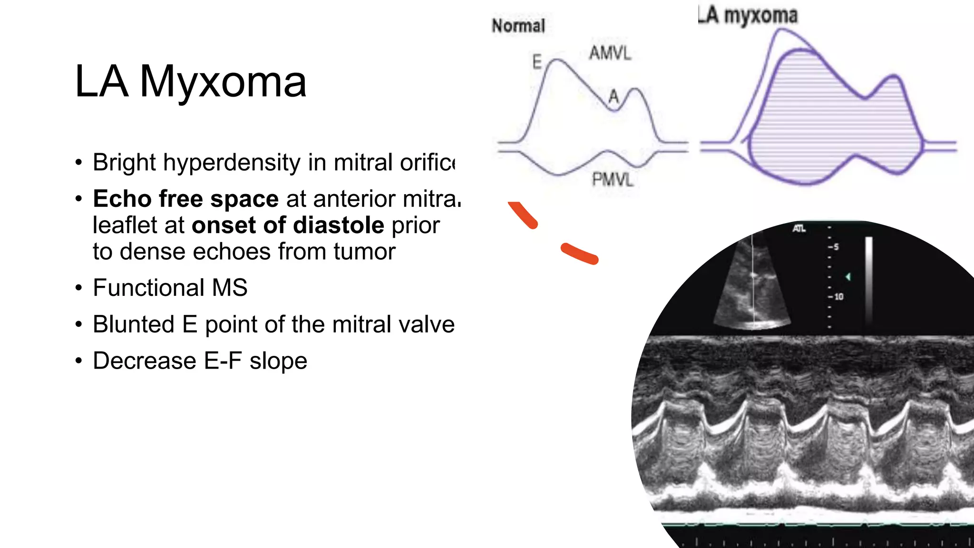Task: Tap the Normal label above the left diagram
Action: (x=518, y=26)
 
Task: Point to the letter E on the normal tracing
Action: (x=537, y=62)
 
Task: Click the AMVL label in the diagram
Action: (x=610, y=53)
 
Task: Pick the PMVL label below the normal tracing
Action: (x=613, y=179)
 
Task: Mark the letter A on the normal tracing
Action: (x=614, y=97)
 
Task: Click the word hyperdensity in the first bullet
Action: (x=232, y=163)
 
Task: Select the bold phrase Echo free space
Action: (x=185, y=199)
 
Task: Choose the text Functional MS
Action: (x=170, y=288)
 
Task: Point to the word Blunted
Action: (x=134, y=324)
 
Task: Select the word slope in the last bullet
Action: (x=279, y=361)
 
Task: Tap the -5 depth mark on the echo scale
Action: (x=834, y=247)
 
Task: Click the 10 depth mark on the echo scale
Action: (x=838, y=297)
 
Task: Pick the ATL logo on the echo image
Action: (x=799, y=229)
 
